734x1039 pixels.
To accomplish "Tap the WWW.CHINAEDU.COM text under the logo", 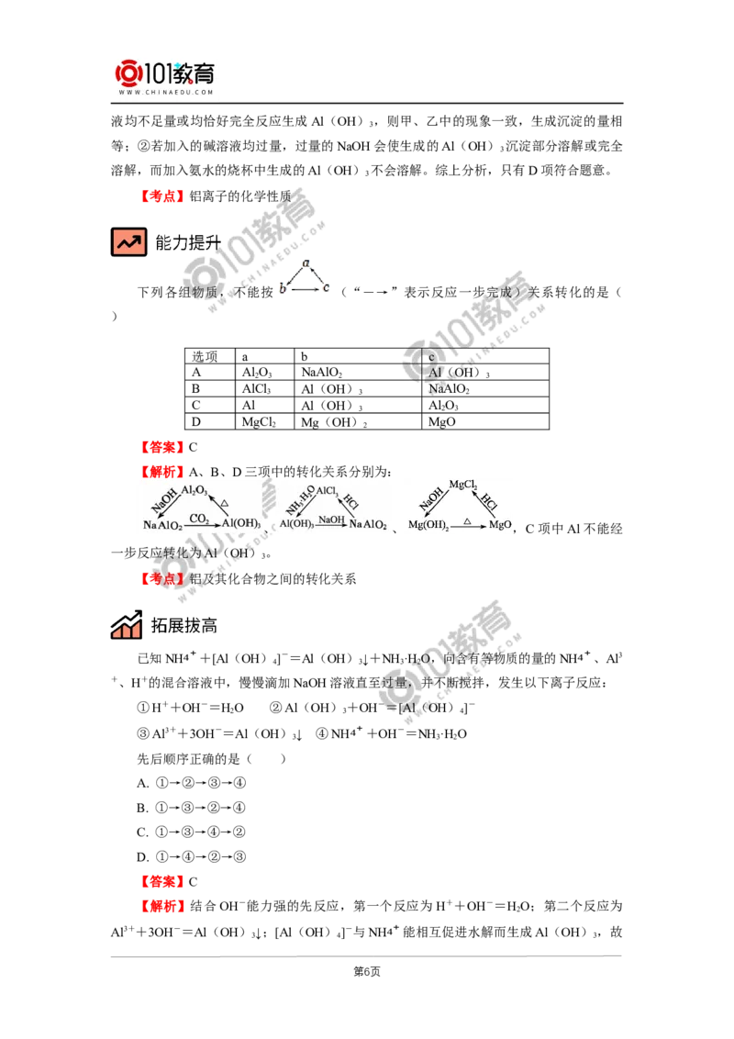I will pyautogui.click(x=165, y=93).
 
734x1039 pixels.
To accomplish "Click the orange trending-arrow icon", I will pyautogui.click(x=128, y=242).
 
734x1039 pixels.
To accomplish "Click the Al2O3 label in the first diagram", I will pyautogui.click(x=195, y=491).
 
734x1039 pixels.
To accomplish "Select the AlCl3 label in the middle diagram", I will pyautogui.click(x=328, y=491).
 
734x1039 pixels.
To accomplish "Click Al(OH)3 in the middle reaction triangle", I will pyautogui.click(x=296, y=524).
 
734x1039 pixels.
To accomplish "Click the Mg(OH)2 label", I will pyautogui.click(x=427, y=525).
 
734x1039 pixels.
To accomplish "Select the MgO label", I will pyautogui.click(x=499, y=525).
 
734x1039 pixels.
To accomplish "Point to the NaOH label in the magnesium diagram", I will pyautogui.click(x=429, y=500).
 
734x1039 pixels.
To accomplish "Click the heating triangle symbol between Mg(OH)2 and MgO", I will pyautogui.click(x=466, y=519).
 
